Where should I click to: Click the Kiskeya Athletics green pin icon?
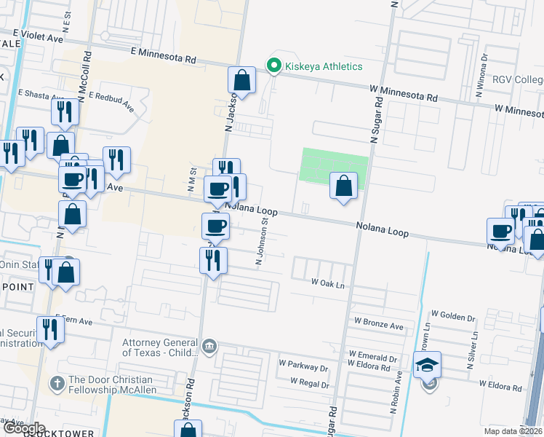[x=274, y=66]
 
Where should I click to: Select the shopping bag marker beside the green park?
[x=343, y=186]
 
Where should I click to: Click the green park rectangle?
[x=333, y=165]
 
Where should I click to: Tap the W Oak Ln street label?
[x=327, y=283]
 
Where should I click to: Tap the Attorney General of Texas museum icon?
[x=209, y=345]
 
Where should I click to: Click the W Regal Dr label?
[x=310, y=381]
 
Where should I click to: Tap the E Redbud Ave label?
[x=111, y=101]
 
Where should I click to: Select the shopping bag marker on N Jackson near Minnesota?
[x=241, y=80]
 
